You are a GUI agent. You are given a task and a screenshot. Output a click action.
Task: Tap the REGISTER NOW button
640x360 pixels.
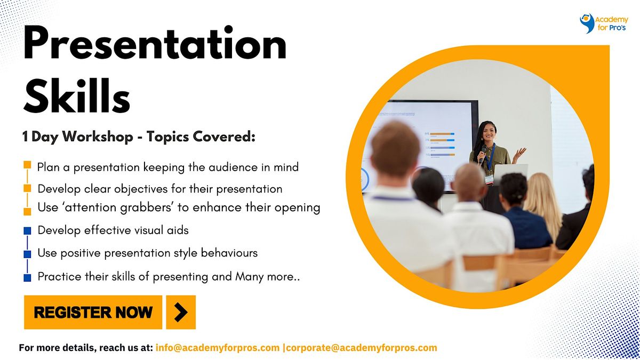(x=93, y=312)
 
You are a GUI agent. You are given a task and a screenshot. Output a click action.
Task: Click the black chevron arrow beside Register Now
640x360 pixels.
(x=181, y=312)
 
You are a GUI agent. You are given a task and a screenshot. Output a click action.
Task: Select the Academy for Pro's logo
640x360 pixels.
(x=603, y=24)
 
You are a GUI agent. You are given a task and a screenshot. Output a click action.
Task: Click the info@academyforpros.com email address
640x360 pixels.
(x=218, y=348)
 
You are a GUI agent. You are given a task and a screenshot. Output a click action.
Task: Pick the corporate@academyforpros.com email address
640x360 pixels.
(x=362, y=348)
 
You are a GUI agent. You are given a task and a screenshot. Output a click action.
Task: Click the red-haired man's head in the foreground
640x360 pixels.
(x=396, y=152)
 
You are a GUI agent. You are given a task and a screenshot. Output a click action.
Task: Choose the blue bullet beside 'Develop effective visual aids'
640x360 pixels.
(x=28, y=231)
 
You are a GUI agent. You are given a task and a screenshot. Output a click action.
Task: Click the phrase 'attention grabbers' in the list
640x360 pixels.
(x=102, y=207)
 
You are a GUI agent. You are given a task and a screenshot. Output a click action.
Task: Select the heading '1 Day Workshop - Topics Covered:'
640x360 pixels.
(x=139, y=137)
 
